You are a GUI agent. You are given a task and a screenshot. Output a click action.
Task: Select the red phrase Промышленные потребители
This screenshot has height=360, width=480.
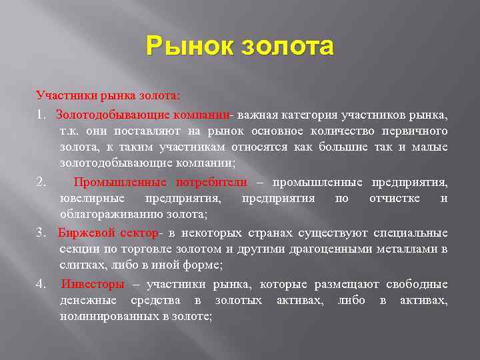160,182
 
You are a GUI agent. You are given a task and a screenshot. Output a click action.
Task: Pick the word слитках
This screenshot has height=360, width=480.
79,265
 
